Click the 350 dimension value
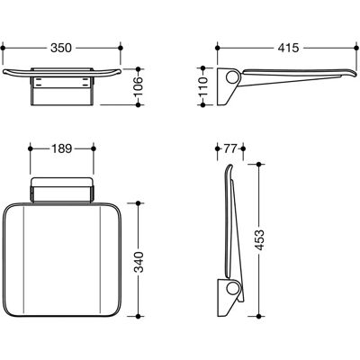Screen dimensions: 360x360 click(x=61, y=48)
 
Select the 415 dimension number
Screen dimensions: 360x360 click(x=288, y=48)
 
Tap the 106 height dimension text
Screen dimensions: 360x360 click(x=139, y=87)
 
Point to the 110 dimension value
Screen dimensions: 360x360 click(x=203, y=86)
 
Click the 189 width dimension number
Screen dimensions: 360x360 click(x=61, y=148)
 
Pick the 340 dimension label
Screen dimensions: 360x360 click(x=139, y=262)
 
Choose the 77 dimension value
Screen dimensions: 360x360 click(x=230, y=148)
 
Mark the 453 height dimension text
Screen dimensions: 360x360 click(x=260, y=240)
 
